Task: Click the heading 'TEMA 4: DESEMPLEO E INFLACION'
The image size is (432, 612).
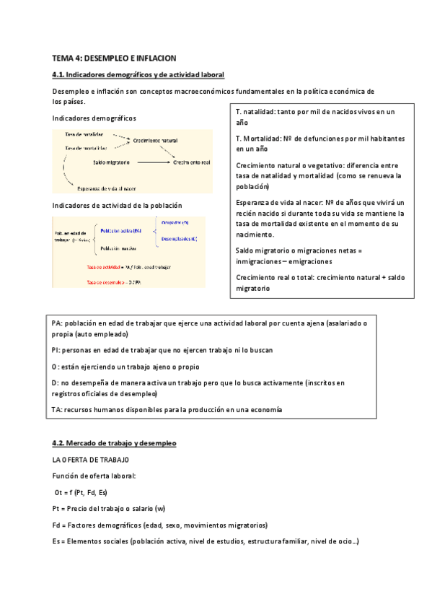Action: pyautogui.click(x=114, y=58)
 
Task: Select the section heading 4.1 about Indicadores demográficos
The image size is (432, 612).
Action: pyautogui.click(x=138, y=75)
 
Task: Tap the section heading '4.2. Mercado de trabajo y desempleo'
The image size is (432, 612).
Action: pyautogui.click(x=114, y=442)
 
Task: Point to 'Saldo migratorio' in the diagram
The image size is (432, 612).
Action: pyautogui.click(x=112, y=162)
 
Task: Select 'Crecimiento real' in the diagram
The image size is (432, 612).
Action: pyautogui.click(x=191, y=162)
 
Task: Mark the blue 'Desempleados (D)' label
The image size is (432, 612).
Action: pyautogui.click(x=179, y=239)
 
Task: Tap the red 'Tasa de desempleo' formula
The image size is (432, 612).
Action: pyautogui.click(x=114, y=282)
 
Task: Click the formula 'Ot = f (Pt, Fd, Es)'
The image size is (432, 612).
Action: pyautogui.click(x=81, y=492)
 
